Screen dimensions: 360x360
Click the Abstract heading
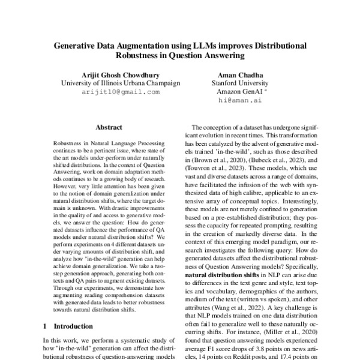point(109,128)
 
